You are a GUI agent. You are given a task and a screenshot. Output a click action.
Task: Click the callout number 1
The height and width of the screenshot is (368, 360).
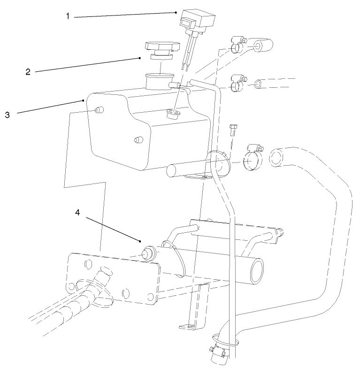coord(68,16)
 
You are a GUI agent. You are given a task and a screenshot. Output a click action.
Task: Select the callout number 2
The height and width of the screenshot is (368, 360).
coord(28,72)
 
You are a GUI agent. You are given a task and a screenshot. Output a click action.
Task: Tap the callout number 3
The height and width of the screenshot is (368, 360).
coord(8,114)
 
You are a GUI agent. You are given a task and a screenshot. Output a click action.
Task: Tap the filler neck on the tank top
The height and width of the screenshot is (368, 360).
coord(159,82)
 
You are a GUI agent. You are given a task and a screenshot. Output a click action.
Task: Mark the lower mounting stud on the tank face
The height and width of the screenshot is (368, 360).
coord(138,140)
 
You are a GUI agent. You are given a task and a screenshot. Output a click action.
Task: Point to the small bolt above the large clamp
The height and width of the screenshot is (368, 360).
coord(233,129)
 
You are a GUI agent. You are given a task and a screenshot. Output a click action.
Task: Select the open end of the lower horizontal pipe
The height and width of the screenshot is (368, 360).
coord(257,270)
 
